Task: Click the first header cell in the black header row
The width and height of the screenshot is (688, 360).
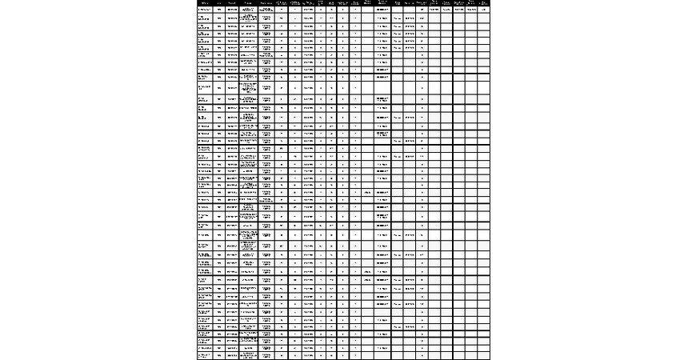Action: point(205,2)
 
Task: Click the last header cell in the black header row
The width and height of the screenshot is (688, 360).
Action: point(484,2)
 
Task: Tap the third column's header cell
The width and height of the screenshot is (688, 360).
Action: point(232,2)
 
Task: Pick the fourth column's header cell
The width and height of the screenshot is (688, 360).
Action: point(248,2)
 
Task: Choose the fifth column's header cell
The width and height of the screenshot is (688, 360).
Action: point(266,2)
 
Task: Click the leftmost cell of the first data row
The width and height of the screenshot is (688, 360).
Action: point(205,10)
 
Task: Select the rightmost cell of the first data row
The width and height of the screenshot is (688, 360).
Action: point(484,10)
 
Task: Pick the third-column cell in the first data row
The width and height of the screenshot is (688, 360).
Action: point(232,10)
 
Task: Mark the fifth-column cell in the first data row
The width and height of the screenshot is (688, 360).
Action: point(266,10)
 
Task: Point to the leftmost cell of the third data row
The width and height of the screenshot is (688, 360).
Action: point(205,26)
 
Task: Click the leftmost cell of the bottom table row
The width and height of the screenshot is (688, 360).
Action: point(205,356)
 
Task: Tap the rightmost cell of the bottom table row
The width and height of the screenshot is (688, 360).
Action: point(484,356)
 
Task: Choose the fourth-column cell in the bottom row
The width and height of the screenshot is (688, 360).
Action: point(248,356)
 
